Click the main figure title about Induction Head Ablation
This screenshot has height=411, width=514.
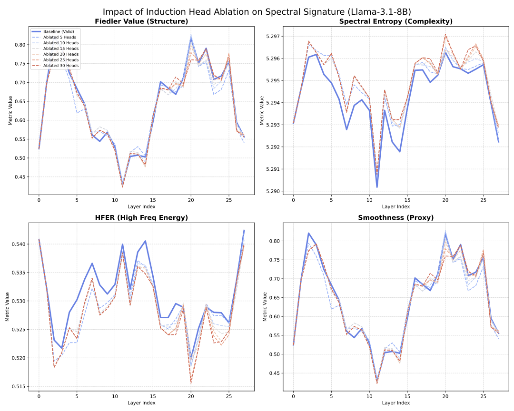pos(257,12)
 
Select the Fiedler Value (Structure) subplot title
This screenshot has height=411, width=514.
pos(141,21)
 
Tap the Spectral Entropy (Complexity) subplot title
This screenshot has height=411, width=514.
pos(396,21)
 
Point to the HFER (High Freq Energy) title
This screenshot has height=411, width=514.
pos(141,217)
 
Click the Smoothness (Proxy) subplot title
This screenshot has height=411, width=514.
pos(396,217)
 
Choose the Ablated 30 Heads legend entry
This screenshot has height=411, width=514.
pos(61,66)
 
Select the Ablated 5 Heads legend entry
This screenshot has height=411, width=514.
pos(59,37)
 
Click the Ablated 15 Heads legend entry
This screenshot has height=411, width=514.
pos(61,49)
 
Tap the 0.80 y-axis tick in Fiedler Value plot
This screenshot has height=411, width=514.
pos(20,45)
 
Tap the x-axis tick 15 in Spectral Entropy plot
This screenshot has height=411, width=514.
pos(407,200)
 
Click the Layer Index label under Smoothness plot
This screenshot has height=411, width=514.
pos(396,403)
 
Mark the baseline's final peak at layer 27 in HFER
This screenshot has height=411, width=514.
pos(244,230)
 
